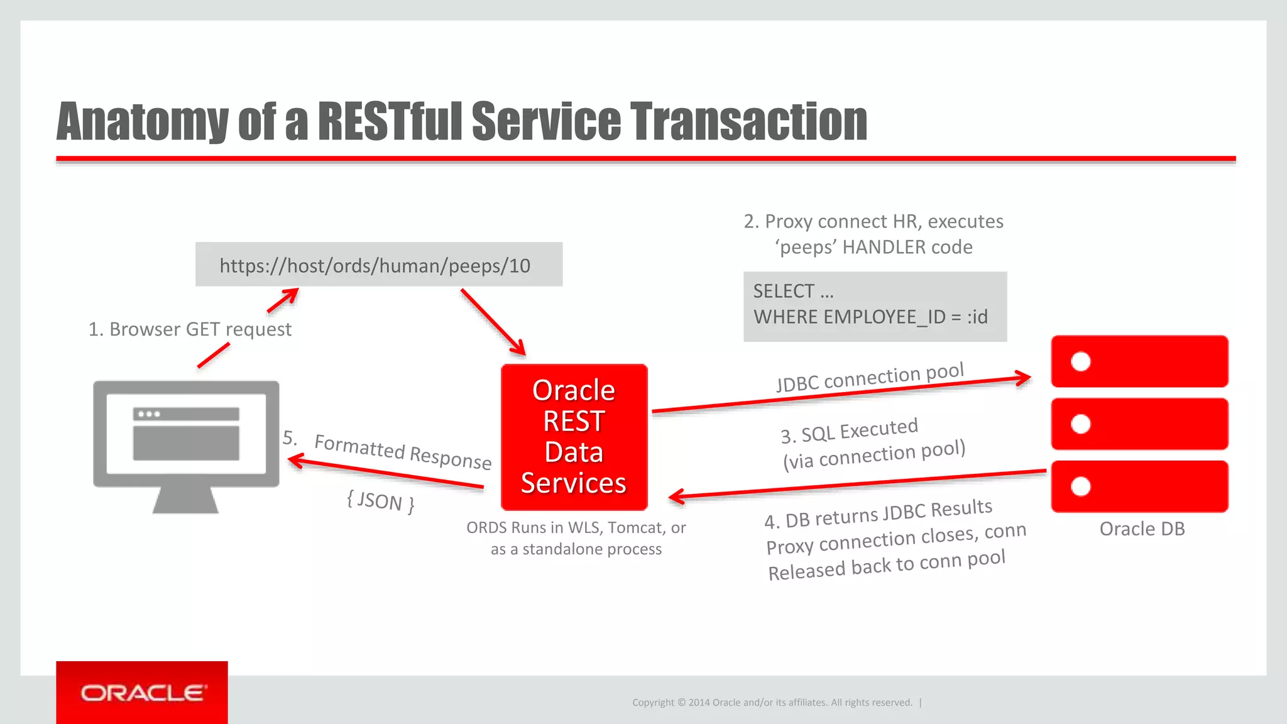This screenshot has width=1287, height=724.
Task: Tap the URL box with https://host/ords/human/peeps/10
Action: click(378, 265)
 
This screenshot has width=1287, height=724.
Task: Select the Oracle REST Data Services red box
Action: click(574, 437)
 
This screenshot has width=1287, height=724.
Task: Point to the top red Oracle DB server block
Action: click(1139, 361)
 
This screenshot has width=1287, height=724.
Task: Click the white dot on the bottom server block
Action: click(1080, 486)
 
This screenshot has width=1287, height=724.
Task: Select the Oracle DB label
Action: click(1142, 529)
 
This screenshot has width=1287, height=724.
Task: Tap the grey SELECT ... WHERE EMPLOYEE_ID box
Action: click(875, 306)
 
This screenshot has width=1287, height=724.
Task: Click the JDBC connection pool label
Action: click(870, 377)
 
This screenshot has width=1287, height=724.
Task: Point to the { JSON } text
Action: click(380, 502)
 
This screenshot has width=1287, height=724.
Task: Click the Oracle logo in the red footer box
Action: click(143, 693)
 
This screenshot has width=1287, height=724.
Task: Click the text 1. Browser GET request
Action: click(190, 329)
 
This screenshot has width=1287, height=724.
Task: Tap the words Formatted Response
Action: click(402, 451)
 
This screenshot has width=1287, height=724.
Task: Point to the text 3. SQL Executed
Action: click(849, 431)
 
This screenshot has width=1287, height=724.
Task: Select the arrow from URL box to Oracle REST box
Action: click(493, 322)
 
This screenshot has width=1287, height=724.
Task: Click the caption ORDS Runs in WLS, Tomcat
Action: click(576, 527)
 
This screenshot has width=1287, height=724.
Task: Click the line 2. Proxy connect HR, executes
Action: click(874, 222)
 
